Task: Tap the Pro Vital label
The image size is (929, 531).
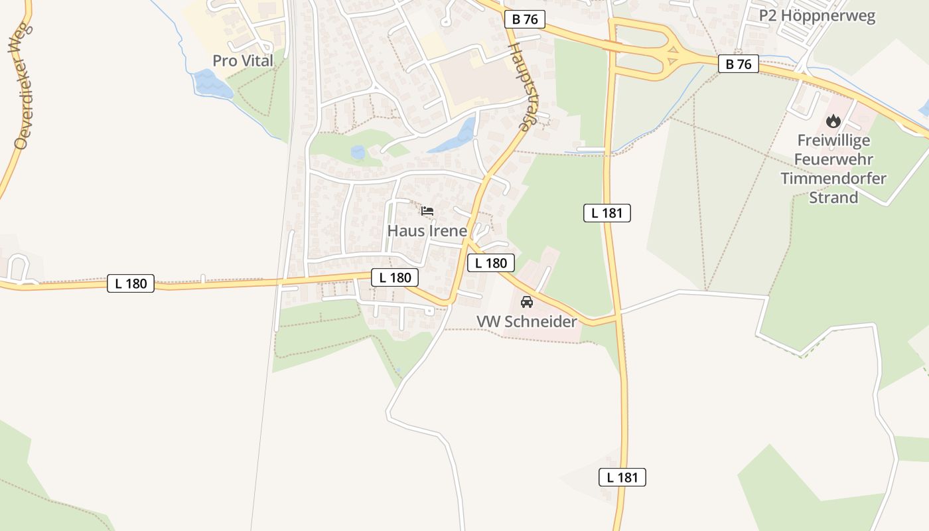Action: coord(243,60)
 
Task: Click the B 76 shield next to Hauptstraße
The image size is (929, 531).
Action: coord(525,19)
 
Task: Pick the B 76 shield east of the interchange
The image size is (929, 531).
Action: coord(739,64)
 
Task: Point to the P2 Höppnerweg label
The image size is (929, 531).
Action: coord(818,16)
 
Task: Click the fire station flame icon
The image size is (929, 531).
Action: coord(833,121)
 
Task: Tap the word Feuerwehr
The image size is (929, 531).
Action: coord(833,159)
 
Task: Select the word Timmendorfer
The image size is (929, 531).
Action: coord(833,179)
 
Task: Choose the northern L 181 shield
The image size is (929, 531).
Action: coord(607,213)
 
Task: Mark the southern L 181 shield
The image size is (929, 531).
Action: coord(622,477)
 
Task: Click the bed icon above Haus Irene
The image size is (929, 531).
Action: coord(427,212)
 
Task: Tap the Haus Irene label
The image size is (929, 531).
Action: coord(427,231)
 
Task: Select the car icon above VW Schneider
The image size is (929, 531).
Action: coord(527,302)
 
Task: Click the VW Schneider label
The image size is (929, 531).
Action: coord(527,321)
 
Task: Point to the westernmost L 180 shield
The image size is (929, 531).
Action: coord(131,283)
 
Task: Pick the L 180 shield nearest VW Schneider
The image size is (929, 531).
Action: coord(491,263)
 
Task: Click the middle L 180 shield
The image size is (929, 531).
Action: coord(395,277)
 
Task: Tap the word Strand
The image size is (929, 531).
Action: coord(833,197)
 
